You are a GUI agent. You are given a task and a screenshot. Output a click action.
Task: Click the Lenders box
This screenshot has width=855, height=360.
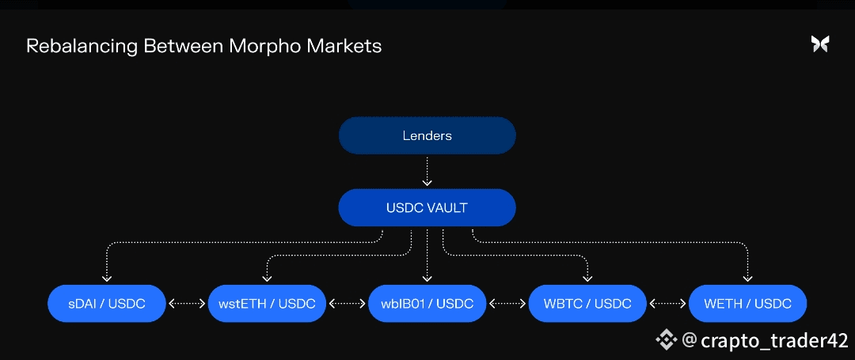tap(427, 136)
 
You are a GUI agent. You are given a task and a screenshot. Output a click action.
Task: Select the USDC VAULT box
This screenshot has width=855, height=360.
tap(427, 208)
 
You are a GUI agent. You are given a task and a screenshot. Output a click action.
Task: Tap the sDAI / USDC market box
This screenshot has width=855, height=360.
tap(107, 304)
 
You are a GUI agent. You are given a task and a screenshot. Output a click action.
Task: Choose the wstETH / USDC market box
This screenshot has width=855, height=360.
tap(267, 304)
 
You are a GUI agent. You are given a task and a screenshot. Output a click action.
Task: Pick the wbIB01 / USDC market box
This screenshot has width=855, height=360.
tap(427, 304)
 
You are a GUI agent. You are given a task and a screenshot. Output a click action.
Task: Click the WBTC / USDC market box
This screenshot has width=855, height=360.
tap(587, 304)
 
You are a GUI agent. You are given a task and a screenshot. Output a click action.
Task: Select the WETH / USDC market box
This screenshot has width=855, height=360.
tap(747, 304)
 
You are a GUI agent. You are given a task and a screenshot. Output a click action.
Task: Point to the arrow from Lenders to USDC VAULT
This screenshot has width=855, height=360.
tap(427, 171)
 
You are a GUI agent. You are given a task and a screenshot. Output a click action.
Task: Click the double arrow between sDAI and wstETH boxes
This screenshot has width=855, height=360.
tap(187, 304)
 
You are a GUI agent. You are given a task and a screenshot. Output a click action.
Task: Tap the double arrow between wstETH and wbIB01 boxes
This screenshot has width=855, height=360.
tap(348, 304)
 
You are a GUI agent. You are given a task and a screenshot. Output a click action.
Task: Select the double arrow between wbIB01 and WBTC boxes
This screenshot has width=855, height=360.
tap(507, 304)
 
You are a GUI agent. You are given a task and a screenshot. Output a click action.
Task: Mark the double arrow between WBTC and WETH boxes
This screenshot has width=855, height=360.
tap(667, 304)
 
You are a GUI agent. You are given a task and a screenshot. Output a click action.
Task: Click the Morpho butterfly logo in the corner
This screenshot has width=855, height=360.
tap(820, 44)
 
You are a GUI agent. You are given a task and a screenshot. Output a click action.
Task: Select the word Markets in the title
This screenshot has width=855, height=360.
tap(344, 46)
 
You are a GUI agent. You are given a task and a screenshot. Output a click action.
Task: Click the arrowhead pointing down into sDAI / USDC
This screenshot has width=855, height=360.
tap(107, 278)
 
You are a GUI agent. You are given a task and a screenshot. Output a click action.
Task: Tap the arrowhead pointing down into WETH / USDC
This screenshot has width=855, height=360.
tap(747, 278)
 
